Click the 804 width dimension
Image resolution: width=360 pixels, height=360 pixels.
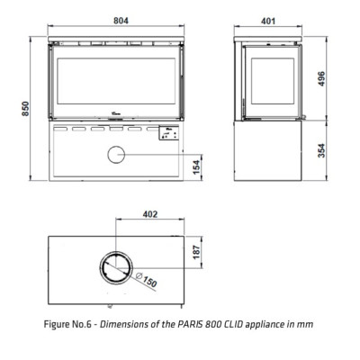(121, 21)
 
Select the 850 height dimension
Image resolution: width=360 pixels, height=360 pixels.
(25, 109)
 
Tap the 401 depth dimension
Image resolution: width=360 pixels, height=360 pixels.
(268, 21)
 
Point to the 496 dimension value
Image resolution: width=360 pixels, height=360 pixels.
(321, 78)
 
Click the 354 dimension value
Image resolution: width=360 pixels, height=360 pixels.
(321, 151)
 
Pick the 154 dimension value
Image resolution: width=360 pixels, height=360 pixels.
(196, 167)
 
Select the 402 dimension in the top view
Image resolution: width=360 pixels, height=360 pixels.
(149, 214)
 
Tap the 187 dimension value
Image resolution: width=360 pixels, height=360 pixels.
(196, 252)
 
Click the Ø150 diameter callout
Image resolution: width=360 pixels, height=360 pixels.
(147, 280)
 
